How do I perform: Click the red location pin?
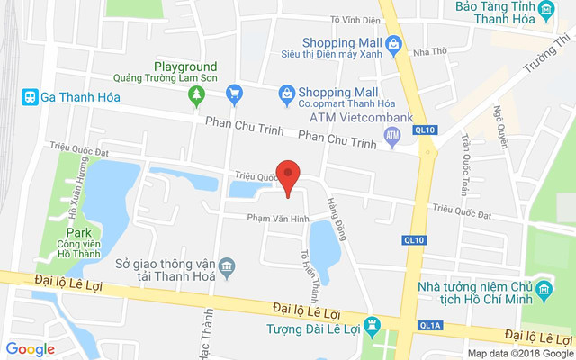click(x=287, y=175)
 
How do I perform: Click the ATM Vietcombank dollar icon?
click(x=391, y=136)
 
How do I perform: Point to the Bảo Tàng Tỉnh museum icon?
click(x=545, y=11)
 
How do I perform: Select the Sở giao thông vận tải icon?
click(x=227, y=266)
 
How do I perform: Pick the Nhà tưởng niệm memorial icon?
click(x=544, y=290)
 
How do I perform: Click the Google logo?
click(x=30, y=348)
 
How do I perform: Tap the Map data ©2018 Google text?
click(x=518, y=353)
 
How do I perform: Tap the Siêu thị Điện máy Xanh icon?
click(x=392, y=43)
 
